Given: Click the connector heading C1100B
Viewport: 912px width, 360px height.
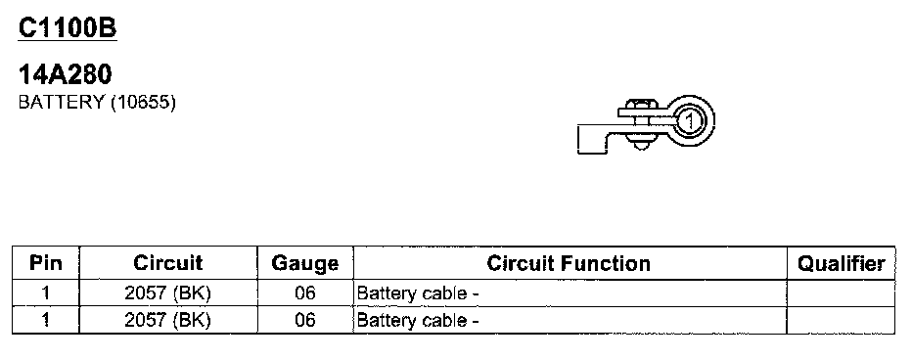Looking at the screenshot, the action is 68,28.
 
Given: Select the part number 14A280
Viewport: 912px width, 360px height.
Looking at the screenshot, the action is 66,74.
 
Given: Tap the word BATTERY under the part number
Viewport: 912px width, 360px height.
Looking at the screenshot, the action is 61,103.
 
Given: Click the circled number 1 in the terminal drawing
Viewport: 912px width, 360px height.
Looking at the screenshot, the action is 689,121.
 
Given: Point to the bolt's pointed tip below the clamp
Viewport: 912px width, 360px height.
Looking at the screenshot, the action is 641,145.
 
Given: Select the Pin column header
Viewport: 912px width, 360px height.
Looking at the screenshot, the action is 45,263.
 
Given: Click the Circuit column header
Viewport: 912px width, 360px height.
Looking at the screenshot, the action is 168,263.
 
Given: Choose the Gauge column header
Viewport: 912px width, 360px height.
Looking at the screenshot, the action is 304,264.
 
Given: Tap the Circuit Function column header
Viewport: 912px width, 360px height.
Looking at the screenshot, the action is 569,263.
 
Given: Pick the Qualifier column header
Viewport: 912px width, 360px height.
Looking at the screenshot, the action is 841,264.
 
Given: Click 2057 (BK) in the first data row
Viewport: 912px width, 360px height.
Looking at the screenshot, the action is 167,293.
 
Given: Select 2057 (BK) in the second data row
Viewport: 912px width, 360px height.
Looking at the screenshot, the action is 167,320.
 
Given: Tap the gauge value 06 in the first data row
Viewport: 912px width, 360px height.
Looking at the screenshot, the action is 304,293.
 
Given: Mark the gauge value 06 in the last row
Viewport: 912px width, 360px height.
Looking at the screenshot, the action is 304,320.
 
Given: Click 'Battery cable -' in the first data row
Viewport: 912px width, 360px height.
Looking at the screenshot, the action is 418,293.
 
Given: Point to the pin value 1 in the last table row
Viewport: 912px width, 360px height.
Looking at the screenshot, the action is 45,320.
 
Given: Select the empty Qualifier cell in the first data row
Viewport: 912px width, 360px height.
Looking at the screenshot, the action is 841,293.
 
